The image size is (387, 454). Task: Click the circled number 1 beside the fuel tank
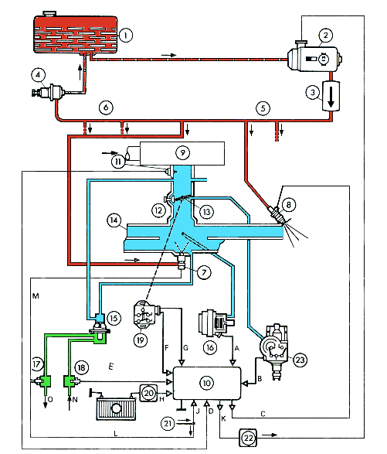[126, 36]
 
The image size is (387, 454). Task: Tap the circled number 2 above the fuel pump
[326, 36]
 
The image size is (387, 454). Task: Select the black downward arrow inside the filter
[331, 97]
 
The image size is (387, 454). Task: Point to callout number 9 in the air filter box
[182, 152]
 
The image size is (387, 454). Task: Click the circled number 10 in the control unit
[206, 383]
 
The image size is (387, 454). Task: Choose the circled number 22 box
[249, 438]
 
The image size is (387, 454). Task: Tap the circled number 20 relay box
[148, 393]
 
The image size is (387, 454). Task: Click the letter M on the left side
[36, 296]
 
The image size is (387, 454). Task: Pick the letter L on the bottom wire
[116, 433]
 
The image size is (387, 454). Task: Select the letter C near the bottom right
[263, 414]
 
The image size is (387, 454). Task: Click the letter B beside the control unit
[260, 378]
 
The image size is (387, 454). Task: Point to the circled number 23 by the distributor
[300, 360]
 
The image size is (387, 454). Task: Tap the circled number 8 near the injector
[288, 205]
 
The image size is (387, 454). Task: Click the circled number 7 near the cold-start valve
[204, 272]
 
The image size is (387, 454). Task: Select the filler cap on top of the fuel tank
[49, 14]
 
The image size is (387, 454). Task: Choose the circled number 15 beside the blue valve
[114, 318]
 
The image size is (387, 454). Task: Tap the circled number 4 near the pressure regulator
[38, 75]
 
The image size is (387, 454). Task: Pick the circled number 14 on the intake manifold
[114, 220]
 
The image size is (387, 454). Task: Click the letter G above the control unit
[185, 348]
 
